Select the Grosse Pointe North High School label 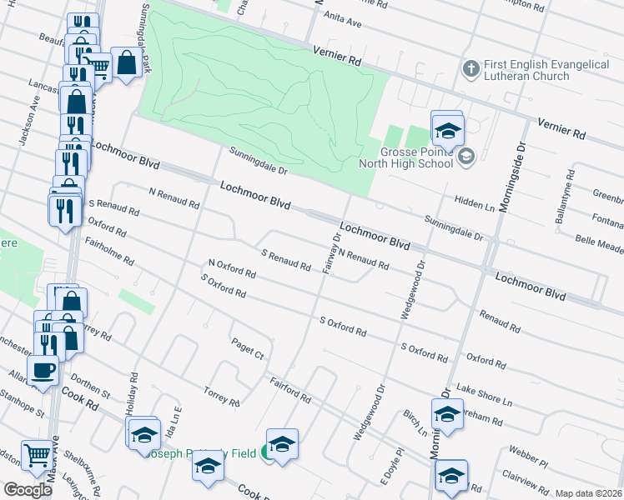pos(405,157)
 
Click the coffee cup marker pos(43,370)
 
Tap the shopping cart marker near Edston pos(36,455)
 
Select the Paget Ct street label pos(248,349)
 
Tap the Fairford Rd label pos(290,390)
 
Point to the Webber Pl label pos(529,457)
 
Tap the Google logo pos(28,490)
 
